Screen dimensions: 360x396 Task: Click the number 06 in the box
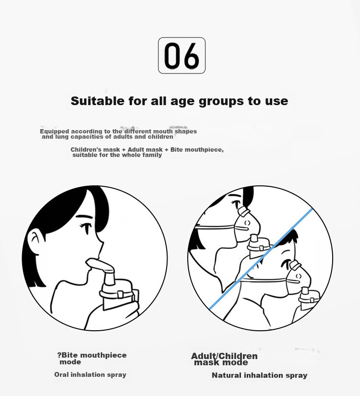[181, 56]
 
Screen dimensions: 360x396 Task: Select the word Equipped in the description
[54, 132]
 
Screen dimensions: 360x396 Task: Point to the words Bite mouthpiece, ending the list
[197, 150]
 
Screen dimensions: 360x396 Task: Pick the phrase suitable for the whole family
[117, 155]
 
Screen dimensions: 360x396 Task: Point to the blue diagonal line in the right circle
[261, 259]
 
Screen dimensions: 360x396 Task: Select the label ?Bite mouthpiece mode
[92, 359]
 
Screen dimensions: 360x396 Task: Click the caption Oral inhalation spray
[90, 374]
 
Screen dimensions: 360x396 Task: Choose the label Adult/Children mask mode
[224, 360]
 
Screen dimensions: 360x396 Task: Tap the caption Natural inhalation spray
[260, 375]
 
